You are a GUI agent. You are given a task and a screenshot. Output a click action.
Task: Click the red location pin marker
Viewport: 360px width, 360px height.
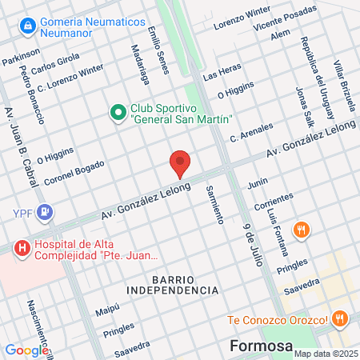pyautogui.click(x=180, y=164)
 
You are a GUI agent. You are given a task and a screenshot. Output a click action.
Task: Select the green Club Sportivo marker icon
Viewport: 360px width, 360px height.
pyautogui.click(x=117, y=110)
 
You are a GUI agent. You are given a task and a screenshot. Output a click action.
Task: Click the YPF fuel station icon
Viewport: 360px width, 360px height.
pyautogui.click(x=46, y=211)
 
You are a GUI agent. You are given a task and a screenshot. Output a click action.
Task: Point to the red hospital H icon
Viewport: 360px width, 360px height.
pyautogui.click(x=22, y=248)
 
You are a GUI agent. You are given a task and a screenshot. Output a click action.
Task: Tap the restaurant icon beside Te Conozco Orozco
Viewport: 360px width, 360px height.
pyautogui.click(x=339, y=318)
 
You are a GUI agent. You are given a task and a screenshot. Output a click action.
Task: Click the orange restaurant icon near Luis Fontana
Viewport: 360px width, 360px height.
pyautogui.click(x=301, y=230)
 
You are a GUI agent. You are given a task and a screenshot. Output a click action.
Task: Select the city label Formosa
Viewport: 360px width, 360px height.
pyautogui.click(x=258, y=346)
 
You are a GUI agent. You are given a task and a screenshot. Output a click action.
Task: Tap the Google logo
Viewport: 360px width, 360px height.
pyautogui.click(x=26, y=350)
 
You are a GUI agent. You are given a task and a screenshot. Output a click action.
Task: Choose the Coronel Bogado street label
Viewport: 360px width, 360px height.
pyautogui.click(x=74, y=171)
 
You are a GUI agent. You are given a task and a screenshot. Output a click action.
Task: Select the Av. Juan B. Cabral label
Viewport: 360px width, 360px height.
pyautogui.click(x=22, y=147)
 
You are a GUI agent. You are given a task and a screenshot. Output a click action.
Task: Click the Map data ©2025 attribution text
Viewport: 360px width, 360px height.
pyautogui.click(x=323, y=353)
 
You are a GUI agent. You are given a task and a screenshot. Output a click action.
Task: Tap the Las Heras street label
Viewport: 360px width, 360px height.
pyautogui.click(x=222, y=73)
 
